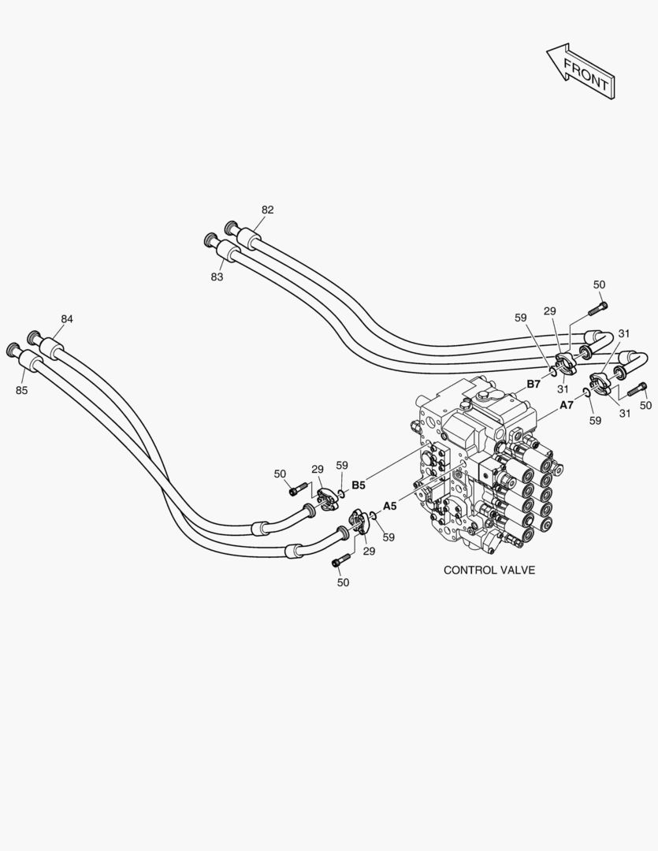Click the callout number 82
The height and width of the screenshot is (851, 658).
click(x=268, y=210)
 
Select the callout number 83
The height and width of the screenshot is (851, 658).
click(x=217, y=277)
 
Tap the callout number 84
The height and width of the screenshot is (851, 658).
click(x=67, y=319)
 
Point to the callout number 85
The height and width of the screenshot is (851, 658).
click(x=21, y=390)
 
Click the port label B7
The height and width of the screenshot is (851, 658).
click(x=533, y=385)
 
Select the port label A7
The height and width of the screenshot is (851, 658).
click(x=566, y=405)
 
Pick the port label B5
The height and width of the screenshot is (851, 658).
click(x=359, y=485)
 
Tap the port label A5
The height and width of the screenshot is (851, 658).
click(x=390, y=506)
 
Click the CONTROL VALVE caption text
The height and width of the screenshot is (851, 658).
click(x=489, y=570)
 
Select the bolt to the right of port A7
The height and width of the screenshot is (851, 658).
click(x=637, y=388)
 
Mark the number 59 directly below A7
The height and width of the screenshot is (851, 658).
click(x=595, y=421)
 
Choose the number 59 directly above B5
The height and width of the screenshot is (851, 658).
click(x=341, y=466)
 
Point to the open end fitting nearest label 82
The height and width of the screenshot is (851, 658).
click(x=232, y=226)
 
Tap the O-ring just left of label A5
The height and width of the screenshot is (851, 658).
click(x=373, y=517)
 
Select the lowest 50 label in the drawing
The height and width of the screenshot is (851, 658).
click(x=343, y=582)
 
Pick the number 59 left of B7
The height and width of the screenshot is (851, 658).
click(x=520, y=318)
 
